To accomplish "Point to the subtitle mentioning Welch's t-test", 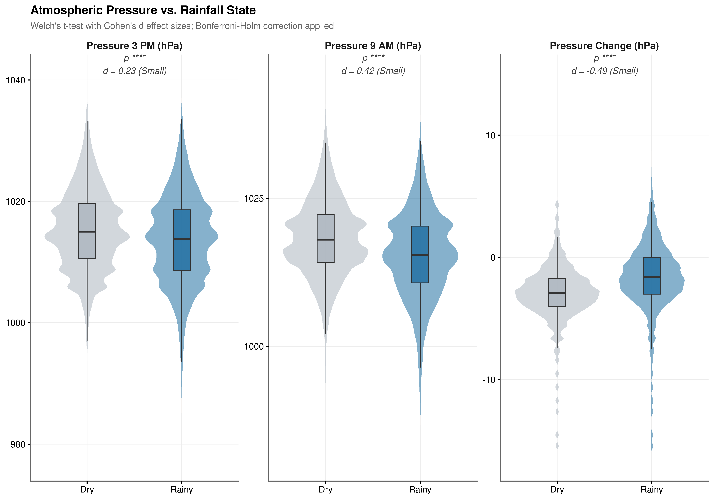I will coord(182,26).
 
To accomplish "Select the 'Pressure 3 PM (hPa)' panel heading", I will coord(134,46).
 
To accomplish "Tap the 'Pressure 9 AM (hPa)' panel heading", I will coord(373,46).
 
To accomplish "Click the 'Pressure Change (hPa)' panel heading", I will coord(604,46).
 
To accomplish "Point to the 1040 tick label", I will coord(16,80).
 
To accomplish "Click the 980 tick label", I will coord(18,444).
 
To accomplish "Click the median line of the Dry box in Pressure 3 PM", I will coord(87,231).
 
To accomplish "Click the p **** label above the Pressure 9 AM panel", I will coord(373,58).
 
